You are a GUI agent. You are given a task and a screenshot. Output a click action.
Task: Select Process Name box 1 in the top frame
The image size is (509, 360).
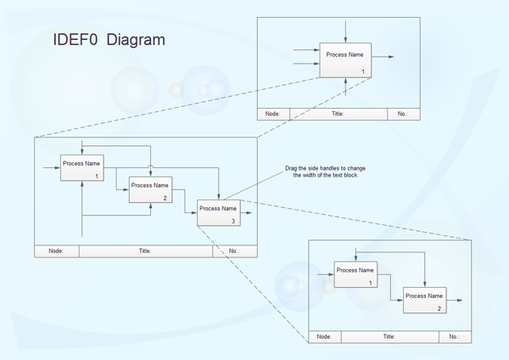[344, 59]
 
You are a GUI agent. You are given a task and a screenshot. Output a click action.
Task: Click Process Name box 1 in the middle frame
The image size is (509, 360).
[81, 167]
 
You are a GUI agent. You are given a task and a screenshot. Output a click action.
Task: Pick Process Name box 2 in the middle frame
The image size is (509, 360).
[150, 189]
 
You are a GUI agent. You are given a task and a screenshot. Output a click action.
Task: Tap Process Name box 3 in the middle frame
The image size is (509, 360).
[218, 212]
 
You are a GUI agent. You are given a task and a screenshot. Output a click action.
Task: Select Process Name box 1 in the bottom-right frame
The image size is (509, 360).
[355, 274]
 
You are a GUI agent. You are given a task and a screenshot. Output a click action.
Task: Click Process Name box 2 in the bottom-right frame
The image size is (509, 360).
[423, 300]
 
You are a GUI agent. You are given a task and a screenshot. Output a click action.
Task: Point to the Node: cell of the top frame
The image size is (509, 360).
[273, 114]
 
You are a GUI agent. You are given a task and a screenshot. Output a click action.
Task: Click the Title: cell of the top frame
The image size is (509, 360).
[338, 114]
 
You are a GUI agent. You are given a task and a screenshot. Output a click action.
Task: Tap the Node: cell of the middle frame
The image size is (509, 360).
[56, 250]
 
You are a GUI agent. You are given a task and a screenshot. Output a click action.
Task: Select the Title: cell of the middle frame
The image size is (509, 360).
[145, 250]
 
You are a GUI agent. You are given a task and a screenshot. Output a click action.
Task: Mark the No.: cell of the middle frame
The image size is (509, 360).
[234, 250]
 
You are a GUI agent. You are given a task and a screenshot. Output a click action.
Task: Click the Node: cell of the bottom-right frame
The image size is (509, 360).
[324, 337]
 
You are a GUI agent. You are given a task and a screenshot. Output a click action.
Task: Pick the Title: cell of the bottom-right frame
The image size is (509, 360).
[389, 337]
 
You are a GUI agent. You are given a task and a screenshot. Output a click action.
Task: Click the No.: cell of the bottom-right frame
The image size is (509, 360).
[454, 337]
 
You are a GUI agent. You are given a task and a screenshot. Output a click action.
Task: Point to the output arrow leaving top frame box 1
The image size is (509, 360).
[383, 58]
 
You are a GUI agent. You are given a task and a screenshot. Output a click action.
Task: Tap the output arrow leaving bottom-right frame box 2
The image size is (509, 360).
[455, 301]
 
